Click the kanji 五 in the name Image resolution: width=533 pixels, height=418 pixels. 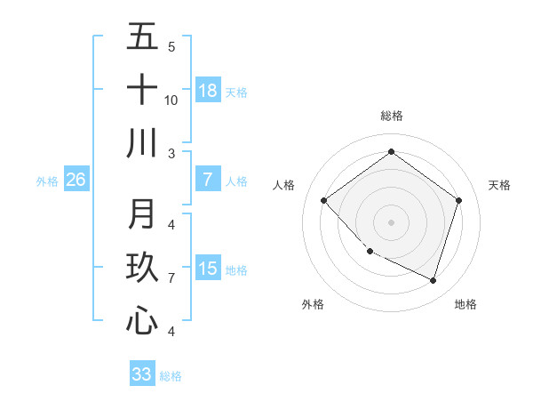[142, 38]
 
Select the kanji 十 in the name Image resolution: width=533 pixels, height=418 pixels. [142, 91]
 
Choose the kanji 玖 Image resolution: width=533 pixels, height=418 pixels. [142, 269]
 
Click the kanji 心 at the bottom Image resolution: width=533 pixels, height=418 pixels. [142, 321]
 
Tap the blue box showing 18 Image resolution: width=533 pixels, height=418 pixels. [208, 91]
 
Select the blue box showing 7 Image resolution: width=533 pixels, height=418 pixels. [208, 180]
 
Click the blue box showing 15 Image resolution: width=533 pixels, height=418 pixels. [208, 269]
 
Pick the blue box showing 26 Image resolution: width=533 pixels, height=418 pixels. [76, 180]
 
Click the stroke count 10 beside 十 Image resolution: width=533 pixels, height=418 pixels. [171, 100]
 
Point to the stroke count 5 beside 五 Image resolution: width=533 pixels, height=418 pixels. [171, 46]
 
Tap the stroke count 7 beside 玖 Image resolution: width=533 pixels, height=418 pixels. [171, 277]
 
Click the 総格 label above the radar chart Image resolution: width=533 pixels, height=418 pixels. [391, 116]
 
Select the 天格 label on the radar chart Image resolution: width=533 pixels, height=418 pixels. [499, 185]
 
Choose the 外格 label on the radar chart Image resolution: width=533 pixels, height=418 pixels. [313, 304]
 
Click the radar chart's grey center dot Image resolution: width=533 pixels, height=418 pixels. [391, 221]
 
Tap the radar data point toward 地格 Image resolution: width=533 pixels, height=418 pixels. [433, 280]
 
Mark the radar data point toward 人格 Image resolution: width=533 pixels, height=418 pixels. [324, 200]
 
